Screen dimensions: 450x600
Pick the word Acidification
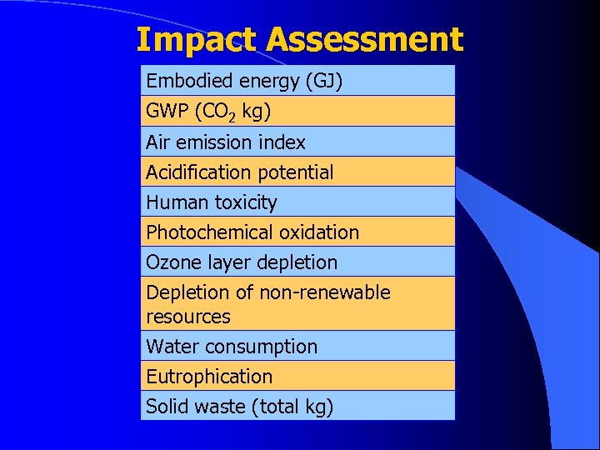coord(199,172)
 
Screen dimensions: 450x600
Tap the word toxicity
coord(245,202)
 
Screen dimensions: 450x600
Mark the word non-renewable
coord(324,292)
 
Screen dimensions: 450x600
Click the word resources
coord(187,317)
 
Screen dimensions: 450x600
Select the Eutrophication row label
coord(209,377)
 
